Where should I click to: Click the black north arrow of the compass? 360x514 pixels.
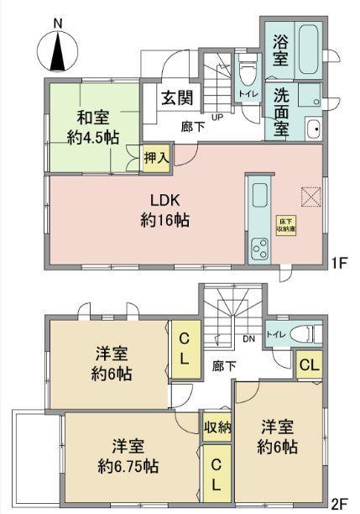58,53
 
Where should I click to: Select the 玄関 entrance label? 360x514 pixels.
176,97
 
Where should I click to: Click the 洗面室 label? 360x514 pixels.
282,108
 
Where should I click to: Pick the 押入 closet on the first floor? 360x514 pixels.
153,157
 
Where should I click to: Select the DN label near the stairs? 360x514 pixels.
249,340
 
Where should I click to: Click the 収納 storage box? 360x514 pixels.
217,427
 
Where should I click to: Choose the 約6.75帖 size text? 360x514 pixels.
128,464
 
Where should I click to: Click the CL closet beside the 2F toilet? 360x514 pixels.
308,365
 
